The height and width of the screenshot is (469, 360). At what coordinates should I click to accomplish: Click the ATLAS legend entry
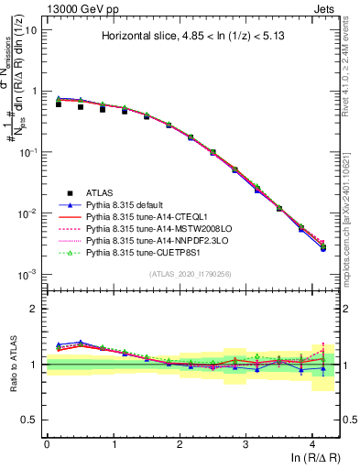(101, 192)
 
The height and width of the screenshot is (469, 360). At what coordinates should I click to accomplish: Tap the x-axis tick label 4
(311, 443)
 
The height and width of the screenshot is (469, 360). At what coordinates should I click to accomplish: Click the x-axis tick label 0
(47, 443)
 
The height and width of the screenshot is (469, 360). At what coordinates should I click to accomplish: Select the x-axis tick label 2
(180, 443)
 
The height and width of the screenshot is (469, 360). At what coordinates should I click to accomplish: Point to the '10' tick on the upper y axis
(32, 30)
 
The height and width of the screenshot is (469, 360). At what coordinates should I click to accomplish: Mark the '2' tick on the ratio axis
(36, 309)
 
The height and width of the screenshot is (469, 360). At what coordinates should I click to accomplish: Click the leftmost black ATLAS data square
(59, 104)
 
